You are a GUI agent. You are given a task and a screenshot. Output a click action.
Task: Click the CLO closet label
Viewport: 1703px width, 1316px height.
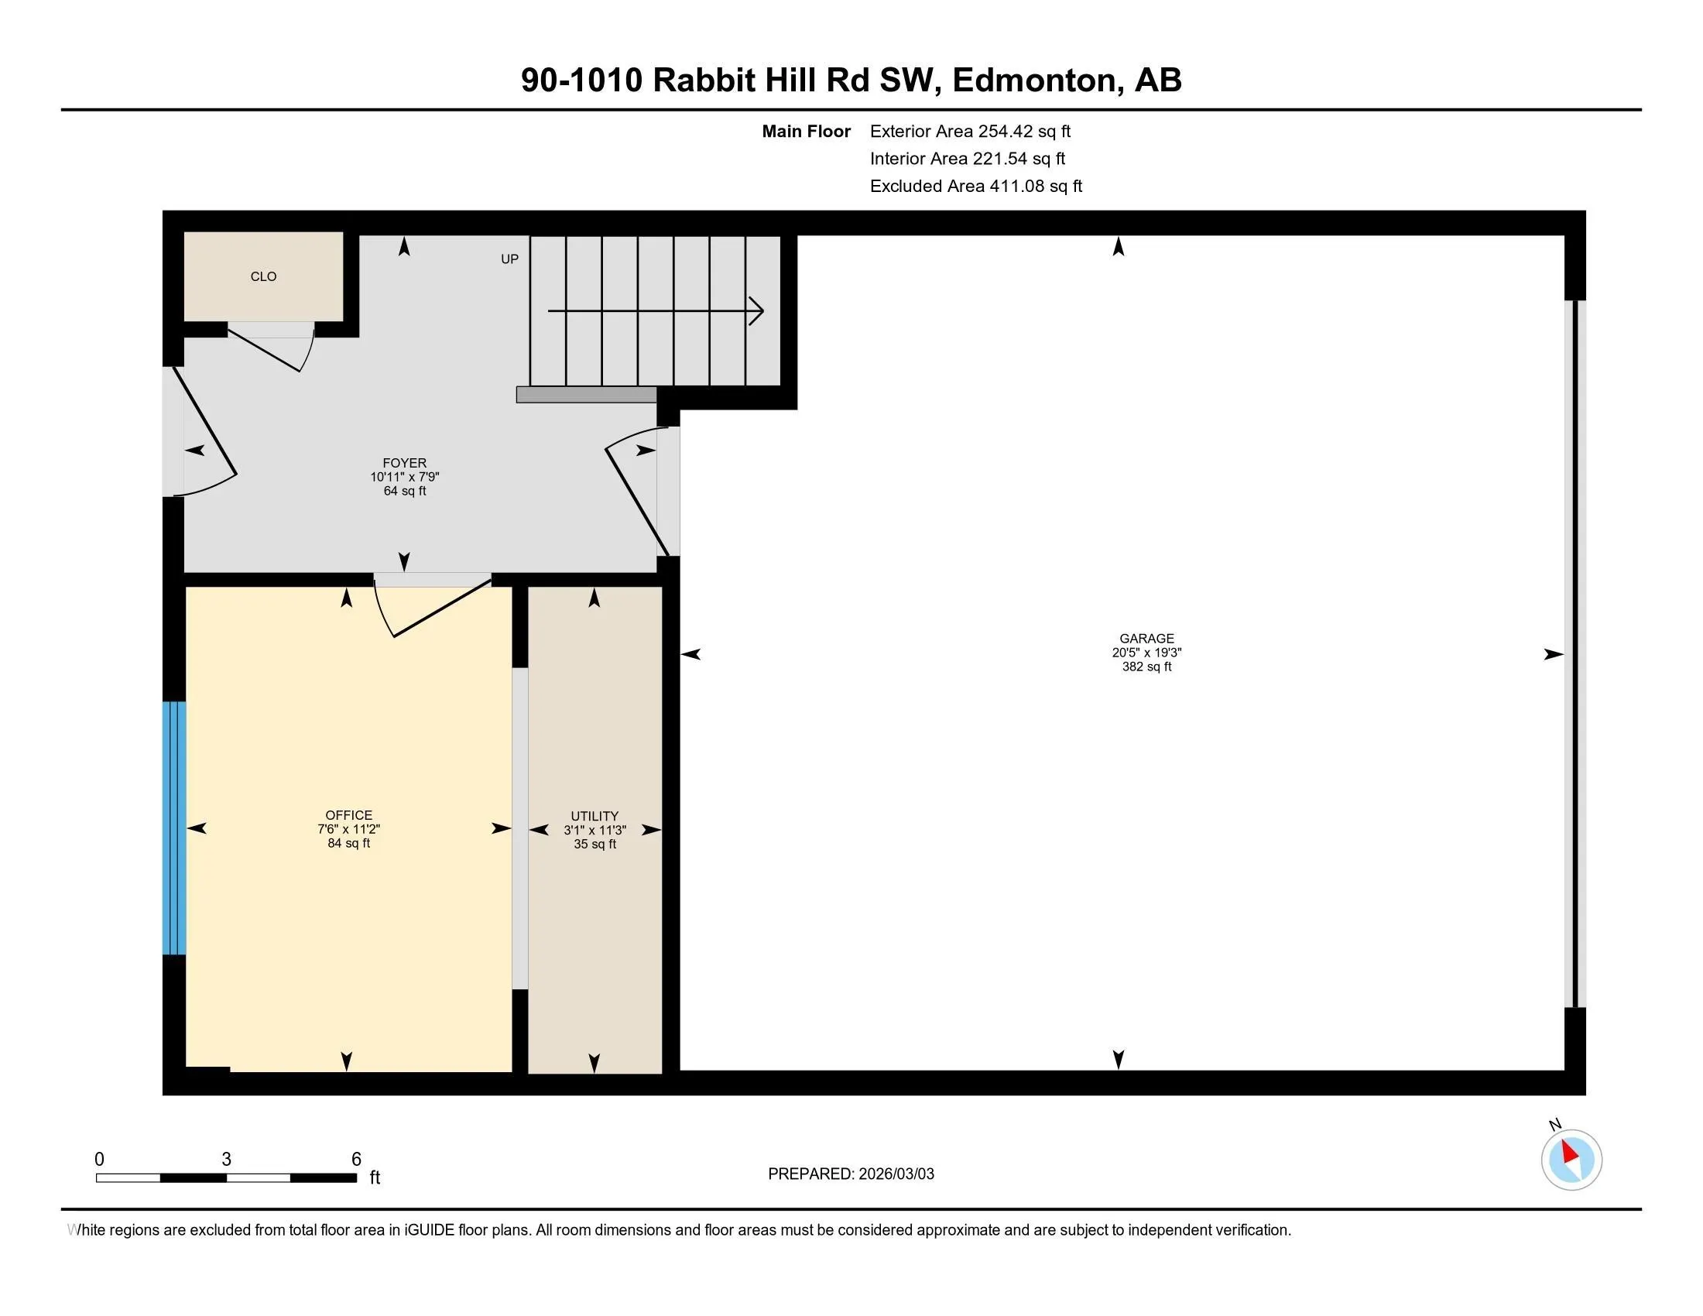[x=263, y=277]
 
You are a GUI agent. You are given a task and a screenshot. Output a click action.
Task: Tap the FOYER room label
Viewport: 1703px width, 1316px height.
[x=405, y=463]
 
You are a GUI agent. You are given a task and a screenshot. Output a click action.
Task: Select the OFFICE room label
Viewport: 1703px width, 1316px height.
[x=348, y=815]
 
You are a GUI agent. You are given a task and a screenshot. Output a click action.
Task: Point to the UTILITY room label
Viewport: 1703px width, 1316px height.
[x=595, y=816]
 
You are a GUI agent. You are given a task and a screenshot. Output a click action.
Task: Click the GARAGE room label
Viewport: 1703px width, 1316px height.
[x=1146, y=639]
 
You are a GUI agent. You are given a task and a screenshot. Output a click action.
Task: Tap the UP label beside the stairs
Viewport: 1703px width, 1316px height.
[x=509, y=259]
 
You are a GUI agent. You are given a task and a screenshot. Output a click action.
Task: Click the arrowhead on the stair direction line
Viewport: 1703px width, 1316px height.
[x=756, y=311]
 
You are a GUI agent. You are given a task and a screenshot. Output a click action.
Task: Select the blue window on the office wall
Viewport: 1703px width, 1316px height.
[x=174, y=828]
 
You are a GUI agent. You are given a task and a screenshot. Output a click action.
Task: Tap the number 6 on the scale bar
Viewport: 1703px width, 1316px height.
[x=356, y=1160]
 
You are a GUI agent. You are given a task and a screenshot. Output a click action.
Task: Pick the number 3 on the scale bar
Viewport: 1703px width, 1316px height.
[x=226, y=1160]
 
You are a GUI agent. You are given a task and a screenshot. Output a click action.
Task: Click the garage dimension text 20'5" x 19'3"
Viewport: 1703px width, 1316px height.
[x=1146, y=653]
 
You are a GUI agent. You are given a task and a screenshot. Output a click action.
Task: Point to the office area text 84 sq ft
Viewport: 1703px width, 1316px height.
[x=348, y=844]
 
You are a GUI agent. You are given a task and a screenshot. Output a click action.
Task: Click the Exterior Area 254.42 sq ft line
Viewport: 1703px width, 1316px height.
[x=970, y=131]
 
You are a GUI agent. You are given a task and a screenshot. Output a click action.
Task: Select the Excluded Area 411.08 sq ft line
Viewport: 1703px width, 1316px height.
[x=976, y=186]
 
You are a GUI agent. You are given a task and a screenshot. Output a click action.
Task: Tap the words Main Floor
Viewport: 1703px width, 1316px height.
[x=807, y=131]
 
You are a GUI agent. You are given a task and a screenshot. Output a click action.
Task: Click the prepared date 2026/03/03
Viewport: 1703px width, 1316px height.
[x=896, y=1174]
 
